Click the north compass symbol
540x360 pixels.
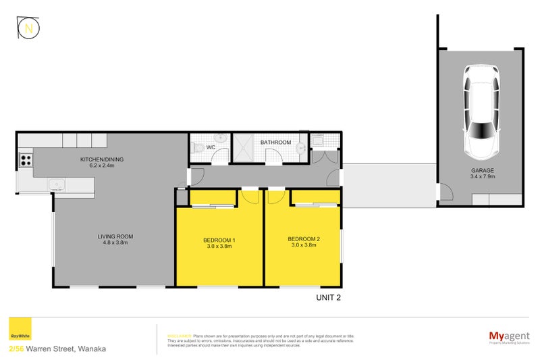[x=28, y=28]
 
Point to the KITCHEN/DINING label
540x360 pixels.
[x=101, y=159]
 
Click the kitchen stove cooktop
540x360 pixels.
[x=26, y=160]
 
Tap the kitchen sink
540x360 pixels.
[x=57, y=184]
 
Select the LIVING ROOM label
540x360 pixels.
[x=115, y=236]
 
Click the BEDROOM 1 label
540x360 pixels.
[x=219, y=239]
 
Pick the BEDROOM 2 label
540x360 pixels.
[x=303, y=239]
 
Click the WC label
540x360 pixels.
[x=210, y=147]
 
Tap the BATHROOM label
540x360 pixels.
[x=275, y=143]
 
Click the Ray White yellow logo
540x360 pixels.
[x=19, y=331]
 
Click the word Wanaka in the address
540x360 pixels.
[x=91, y=349]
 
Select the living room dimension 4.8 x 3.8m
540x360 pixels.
[x=115, y=244]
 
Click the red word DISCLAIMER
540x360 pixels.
[x=179, y=335]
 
